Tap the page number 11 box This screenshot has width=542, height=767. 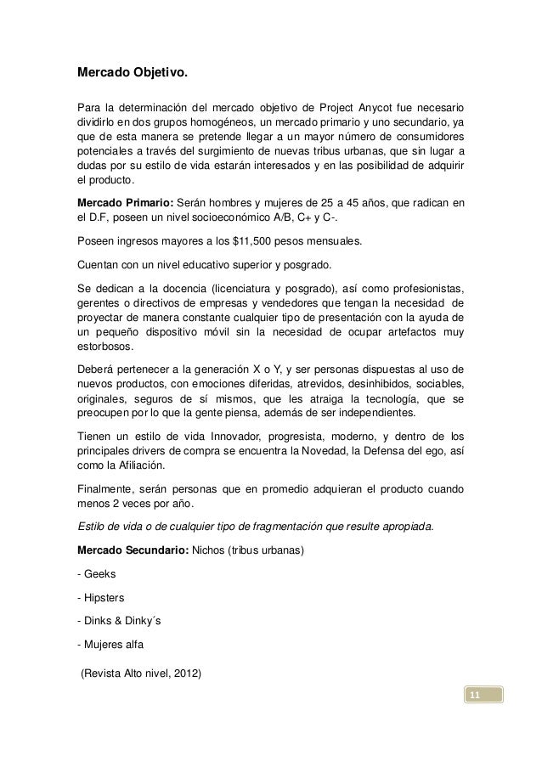click(x=481, y=697)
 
